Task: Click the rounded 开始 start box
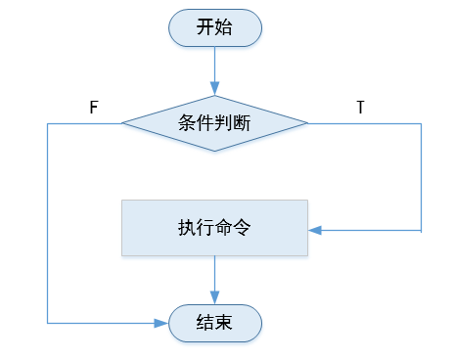click(x=214, y=27)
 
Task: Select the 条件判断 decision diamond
click(x=214, y=123)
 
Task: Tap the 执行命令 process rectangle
click(x=214, y=228)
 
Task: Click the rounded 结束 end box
click(x=214, y=323)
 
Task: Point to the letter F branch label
click(x=94, y=108)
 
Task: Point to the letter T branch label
click(x=360, y=108)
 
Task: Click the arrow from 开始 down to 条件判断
click(x=214, y=70)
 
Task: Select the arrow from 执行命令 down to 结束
click(x=214, y=280)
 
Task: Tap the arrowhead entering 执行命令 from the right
click(x=315, y=231)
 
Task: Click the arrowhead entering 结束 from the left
click(x=162, y=322)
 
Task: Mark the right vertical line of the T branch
click(x=421, y=176)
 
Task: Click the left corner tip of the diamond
click(x=122, y=123)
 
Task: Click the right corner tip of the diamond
click(x=307, y=123)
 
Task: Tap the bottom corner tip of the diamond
click(x=214, y=152)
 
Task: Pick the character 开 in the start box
click(x=205, y=27)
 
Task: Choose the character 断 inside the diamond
click(x=242, y=123)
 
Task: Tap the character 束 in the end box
click(x=224, y=323)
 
